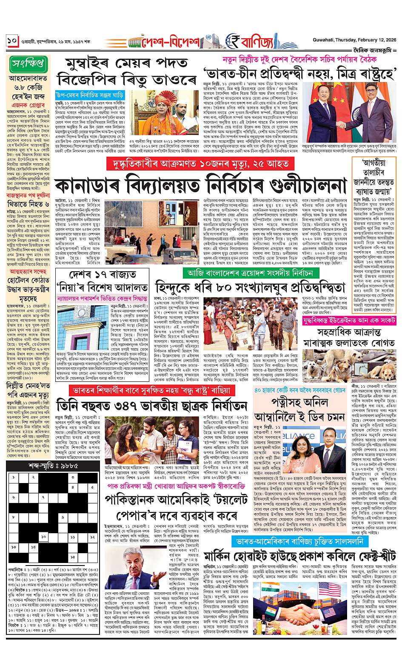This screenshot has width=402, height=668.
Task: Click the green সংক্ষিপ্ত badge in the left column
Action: click(x=28, y=65)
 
